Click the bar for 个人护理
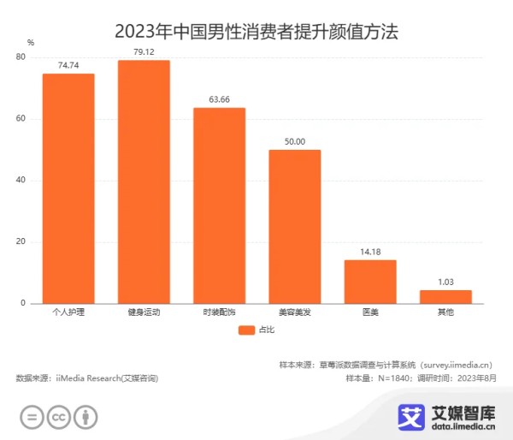pos(68,188)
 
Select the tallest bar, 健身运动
pos(144,181)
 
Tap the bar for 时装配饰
pos(219,205)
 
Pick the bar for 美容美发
pos(294,227)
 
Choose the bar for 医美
pos(370,282)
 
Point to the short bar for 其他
pos(445,297)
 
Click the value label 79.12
pos(144,51)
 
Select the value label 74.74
pos(68,65)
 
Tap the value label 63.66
pos(219,99)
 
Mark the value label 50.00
pos(294,141)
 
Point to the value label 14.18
pos(370,252)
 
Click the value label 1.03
pos(445,282)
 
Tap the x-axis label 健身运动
pos(144,313)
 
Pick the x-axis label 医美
pos(370,313)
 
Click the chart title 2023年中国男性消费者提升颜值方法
pos(256,33)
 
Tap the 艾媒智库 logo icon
pos(411,416)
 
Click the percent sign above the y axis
pos(30,42)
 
